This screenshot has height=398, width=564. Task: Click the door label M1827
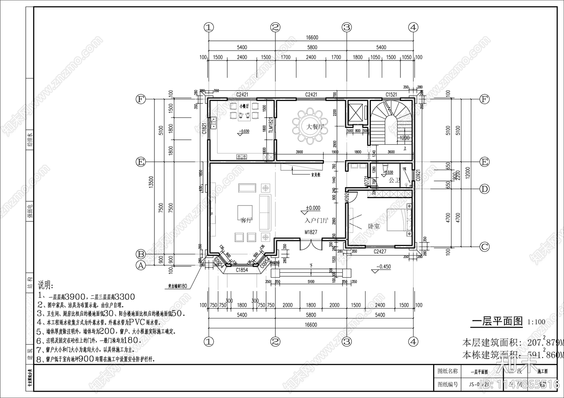[x=311, y=232]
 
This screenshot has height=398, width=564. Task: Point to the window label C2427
[x=380, y=252]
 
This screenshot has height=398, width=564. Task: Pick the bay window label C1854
[x=242, y=270]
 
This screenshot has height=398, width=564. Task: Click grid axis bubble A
[x=141, y=266]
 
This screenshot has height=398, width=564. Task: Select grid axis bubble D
[x=485, y=189]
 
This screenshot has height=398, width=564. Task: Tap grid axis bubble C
[x=485, y=247]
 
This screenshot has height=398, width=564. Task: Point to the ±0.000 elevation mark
[x=313, y=208]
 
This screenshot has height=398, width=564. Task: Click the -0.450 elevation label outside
[x=383, y=267]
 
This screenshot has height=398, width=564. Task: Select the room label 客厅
[x=246, y=221]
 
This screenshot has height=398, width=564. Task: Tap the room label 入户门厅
[x=317, y=221]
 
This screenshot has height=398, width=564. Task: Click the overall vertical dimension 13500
[x=151, y=183]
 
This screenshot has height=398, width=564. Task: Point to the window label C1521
[x=391, y=94]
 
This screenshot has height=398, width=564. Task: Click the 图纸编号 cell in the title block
[x=447, y=385]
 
